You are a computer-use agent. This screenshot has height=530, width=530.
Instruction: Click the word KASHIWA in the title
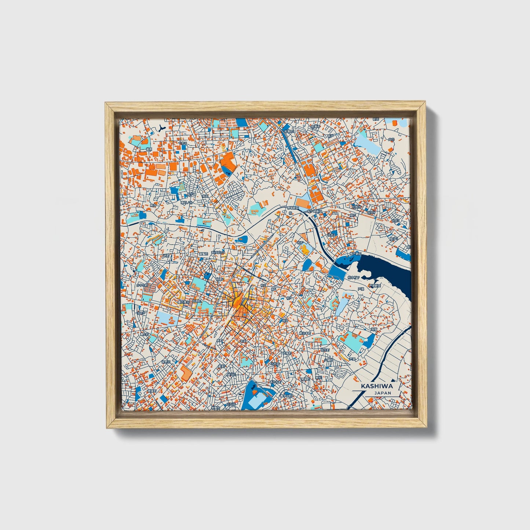point(377,386)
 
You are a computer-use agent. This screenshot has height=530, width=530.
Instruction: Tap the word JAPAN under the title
point(383,393)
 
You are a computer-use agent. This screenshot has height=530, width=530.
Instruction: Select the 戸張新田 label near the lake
point(375,285)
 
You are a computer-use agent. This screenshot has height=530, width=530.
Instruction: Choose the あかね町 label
point(275,382)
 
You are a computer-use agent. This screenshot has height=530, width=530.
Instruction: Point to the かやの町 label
point(142,285)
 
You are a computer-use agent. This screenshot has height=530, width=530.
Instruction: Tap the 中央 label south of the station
point(243,341)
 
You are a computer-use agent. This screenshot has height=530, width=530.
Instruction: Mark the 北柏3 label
point(332,234)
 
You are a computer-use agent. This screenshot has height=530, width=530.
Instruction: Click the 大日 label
point(391,139)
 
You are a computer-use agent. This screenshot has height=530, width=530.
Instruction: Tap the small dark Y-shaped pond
point(161,127)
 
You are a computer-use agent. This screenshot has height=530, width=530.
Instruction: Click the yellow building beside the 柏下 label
point(304,250)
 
